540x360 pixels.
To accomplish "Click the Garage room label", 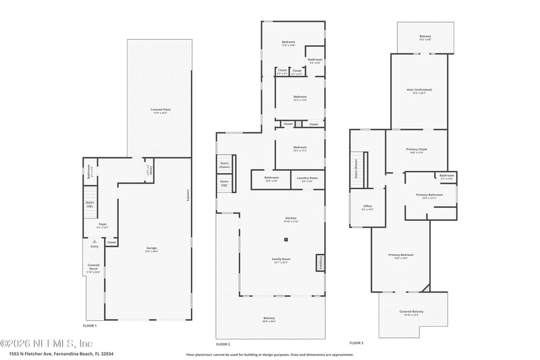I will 146,249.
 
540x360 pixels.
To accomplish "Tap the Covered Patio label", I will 160,110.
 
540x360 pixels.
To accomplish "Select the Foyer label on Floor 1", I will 103,225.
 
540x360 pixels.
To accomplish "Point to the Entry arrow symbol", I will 94,240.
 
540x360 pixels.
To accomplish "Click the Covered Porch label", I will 94,267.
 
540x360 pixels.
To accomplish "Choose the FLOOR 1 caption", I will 90,326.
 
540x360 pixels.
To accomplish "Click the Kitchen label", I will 290,218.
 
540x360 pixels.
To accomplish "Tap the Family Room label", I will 280,261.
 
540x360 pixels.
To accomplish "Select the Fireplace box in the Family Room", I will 320,262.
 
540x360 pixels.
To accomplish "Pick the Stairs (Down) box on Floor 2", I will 225,165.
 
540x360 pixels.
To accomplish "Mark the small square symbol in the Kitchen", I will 286,239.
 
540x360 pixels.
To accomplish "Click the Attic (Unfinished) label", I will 419,91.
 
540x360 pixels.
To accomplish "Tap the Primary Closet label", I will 418,151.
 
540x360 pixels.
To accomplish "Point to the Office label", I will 367,207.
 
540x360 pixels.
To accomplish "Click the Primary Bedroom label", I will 401,256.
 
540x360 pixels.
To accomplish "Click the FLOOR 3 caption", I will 356,342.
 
